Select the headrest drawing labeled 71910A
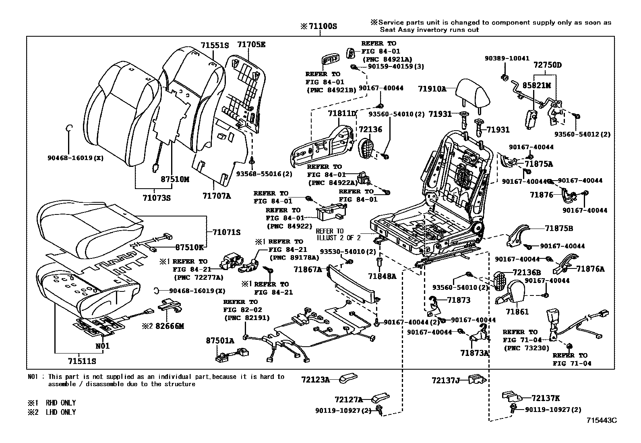(474, 94)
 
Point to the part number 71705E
(251, 45)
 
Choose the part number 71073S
(156, 198)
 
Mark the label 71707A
(217, 196)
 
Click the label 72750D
(548, 65)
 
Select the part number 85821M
(536, 85)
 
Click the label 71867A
(308, 269)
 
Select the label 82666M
(169, 326)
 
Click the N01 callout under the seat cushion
(102, 346)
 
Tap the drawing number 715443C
(602, 420)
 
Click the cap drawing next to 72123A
(347, 379)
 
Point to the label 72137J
(446, 380)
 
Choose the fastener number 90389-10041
(507, 58)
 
